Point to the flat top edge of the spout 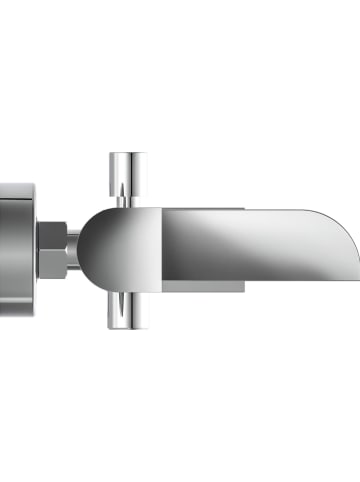tap(240, 210)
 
